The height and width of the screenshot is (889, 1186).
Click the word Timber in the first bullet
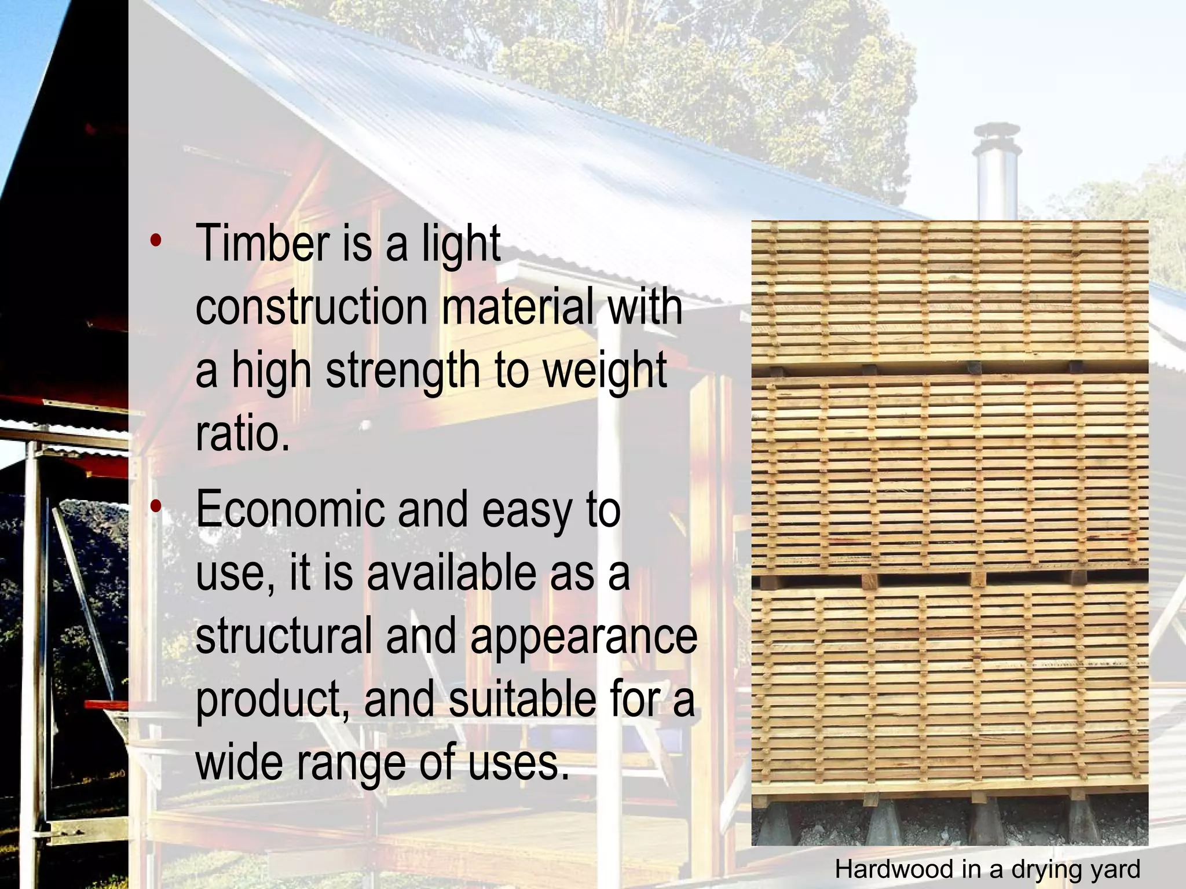(263, 244)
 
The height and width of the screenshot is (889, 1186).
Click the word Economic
(290, 510)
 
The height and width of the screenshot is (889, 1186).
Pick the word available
(451, 573)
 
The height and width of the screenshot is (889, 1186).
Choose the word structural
(284, 636)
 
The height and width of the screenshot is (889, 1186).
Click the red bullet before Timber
(155, 241)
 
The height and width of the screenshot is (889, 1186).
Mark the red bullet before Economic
(155, 507)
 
